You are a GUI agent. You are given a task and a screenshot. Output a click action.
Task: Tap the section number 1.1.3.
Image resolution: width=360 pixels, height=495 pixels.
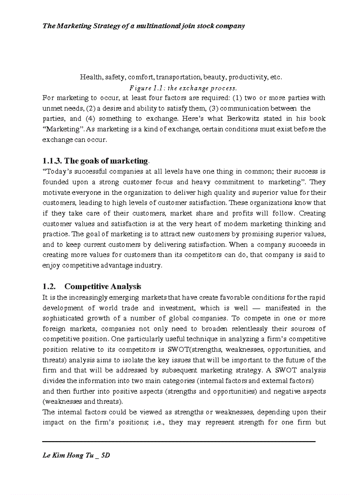(52, 160)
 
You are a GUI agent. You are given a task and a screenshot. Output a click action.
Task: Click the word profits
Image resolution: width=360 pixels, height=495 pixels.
(253, 213)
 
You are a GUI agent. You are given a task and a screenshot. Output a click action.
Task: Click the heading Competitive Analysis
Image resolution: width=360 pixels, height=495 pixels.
(103, 287)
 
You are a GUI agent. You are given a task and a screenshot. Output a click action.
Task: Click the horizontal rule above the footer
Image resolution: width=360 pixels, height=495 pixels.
(179, 441)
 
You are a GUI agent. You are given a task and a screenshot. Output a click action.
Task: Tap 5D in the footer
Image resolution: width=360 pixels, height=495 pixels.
(105, 455)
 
